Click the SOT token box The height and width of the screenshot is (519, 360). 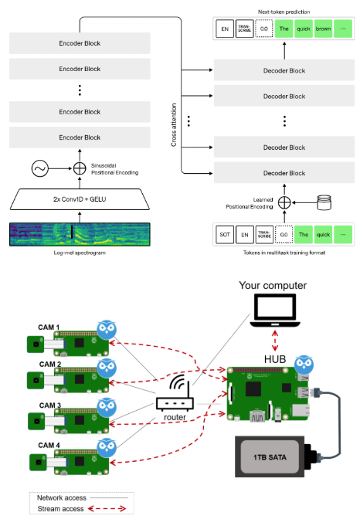tap(225, 235)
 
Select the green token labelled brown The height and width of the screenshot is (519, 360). tap(323, 29)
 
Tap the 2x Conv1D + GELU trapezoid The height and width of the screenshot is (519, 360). tap(80, 199)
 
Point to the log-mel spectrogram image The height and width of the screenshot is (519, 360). tap(80, 234)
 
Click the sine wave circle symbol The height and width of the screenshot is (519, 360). tap(40, 168)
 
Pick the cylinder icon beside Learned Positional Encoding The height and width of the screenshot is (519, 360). tap(324, 202)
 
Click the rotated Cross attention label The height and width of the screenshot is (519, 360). tap(174, 125)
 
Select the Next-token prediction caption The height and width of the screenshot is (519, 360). tap(284, 12)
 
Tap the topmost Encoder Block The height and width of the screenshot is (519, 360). tap(80, 43)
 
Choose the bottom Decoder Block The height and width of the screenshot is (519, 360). tap(284, 173)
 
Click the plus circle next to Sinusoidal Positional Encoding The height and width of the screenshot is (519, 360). tap(80, 168)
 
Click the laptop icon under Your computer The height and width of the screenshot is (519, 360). tap(275, 310)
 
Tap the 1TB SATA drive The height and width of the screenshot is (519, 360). tap(270, 456)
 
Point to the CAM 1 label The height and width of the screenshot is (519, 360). tap(49, 327)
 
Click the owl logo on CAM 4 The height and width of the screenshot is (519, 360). tap(107, 448)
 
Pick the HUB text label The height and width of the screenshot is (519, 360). tap(275, 359)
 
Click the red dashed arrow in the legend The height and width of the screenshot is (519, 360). tap(107, 509)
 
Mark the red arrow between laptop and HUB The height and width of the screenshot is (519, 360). tap(275, 341)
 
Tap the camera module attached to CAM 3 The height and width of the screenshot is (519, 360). tap(36, 421)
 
